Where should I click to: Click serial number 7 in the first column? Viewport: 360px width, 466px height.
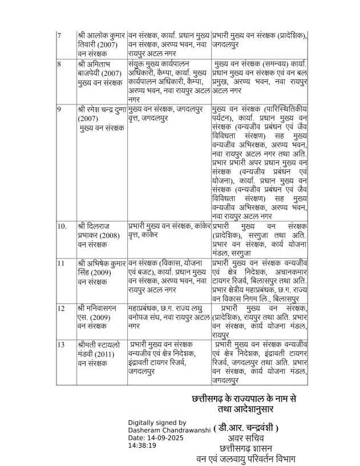tap(59, 36)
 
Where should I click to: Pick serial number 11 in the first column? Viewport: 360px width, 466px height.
tap(60, 264)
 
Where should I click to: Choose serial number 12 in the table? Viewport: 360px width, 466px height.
tap(60, 308)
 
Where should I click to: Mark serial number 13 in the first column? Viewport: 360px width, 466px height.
tap(60, 345)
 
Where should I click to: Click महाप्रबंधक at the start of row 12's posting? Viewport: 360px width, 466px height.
tap(146, 308)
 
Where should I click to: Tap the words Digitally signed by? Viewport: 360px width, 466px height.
tap(153, 423)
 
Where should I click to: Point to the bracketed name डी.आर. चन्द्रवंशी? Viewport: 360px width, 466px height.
tap(246, 428)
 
